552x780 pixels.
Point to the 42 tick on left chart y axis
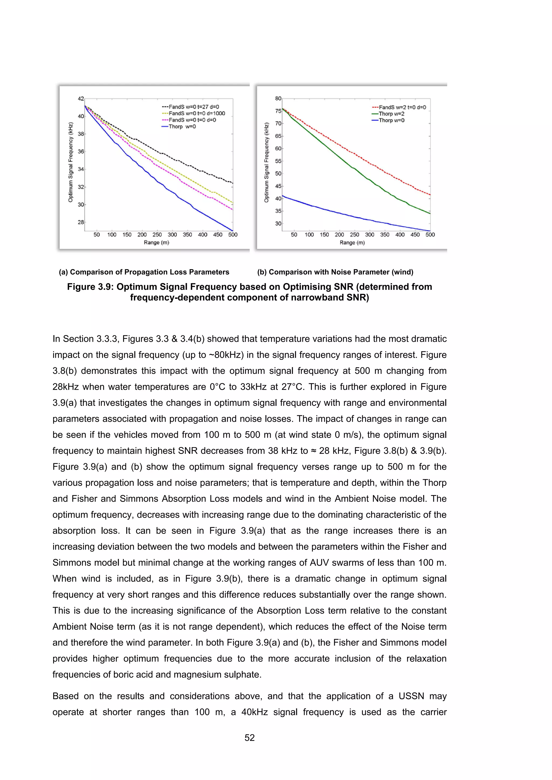click(x=81, y=99)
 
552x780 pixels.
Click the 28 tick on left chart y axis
click(x=81, y=222)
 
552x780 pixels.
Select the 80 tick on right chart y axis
click(x=278, y=99)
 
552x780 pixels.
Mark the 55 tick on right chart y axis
click(x=278, y=161)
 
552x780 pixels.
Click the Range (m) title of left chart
click(x=156, y=243)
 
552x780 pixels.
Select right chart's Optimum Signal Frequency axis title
click(x=267, y=162)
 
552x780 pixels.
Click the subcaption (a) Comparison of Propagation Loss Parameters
click(x=144, y=272)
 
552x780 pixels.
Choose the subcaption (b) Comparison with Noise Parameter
click(x=335, y=272)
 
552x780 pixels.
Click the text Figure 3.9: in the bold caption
click(x=90, y=287)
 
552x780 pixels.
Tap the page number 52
click(x=250, y=737)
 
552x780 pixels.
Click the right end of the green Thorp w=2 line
click(x=430, y=213)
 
